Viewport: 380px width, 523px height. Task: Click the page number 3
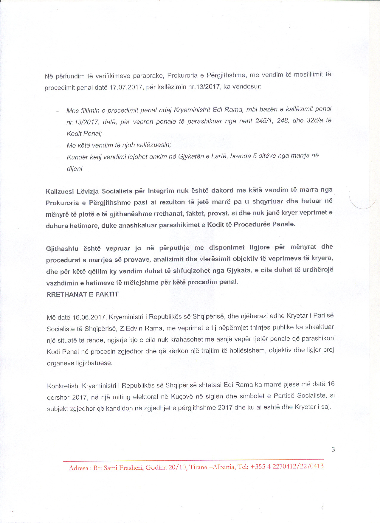point(333,449)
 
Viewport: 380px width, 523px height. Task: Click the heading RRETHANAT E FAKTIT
point(83,294)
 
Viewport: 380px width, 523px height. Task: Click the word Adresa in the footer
point(79,468)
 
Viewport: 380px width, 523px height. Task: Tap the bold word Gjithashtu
point(62,249)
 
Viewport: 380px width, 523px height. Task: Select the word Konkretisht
point(63,386)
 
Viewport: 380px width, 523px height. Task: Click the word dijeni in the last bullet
point(75,169)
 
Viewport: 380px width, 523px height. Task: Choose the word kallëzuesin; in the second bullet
point(154,145)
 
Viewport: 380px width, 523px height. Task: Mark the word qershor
point(58,398)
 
